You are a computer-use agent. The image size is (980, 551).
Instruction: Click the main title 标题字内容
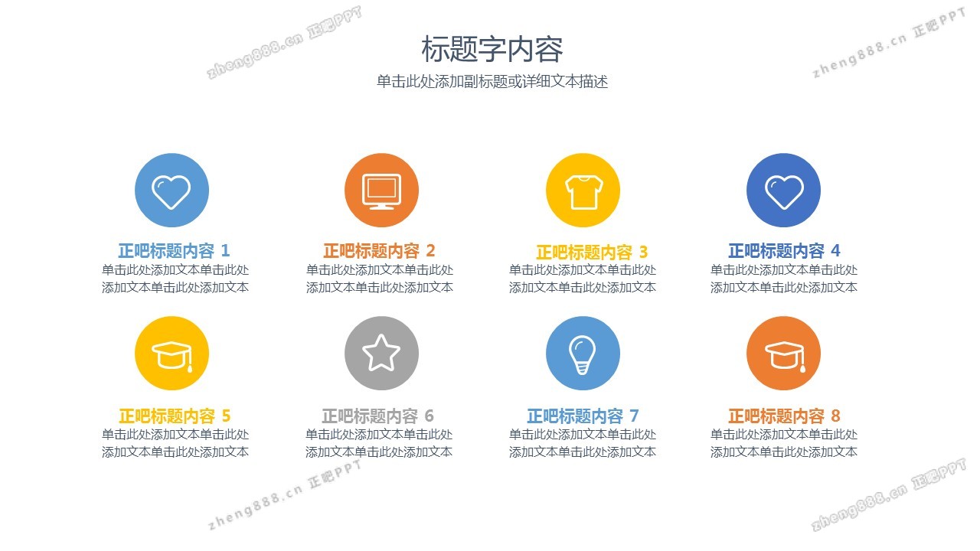click(x=492, y=49)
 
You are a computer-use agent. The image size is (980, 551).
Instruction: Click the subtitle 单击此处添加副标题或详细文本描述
click(x=492, y=82)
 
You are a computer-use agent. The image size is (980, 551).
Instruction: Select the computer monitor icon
click(x=381, y=191)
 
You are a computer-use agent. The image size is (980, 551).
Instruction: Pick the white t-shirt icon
click(x=583, y=191)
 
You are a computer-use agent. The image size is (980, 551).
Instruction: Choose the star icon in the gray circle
click(x=381, y=354)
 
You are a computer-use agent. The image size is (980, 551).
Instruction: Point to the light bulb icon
click(x=583, y=354)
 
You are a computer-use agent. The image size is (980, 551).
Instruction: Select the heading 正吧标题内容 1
click(x=174, y=250)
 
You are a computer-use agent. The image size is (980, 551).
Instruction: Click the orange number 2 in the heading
click(x=430, y=251)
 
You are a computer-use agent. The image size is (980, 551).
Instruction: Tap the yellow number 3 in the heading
click(x=643, y=252)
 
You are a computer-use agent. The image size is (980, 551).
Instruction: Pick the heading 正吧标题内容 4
click(x=784, y=250)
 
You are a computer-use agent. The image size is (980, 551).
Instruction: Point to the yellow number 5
click(x=226, y=416)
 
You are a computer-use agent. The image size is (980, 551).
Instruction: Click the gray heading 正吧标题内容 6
click(x=377, y=416)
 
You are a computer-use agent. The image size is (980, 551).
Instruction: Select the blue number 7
click(x=634, y=416)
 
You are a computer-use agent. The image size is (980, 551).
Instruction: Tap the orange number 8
click(x=835, y=416)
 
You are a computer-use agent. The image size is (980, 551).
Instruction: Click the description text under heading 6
click(x=379, y=443)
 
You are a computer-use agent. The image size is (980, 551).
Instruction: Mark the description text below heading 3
click(x=583, y=279)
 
